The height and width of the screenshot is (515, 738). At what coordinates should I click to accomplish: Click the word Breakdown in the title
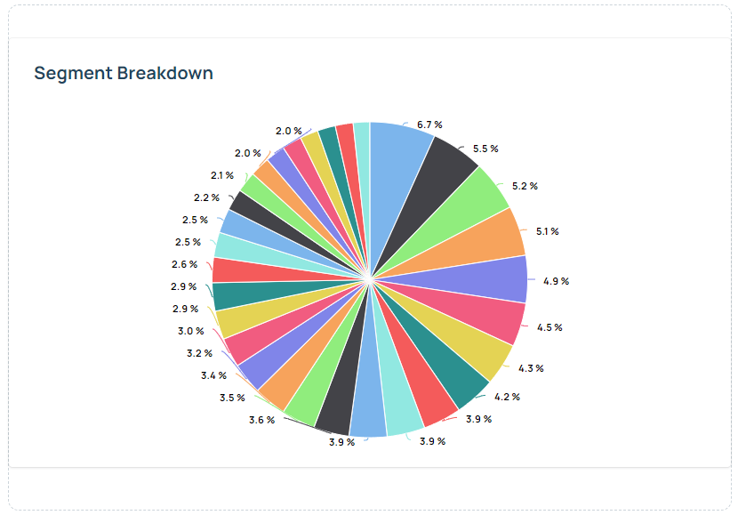pyautogui.click(x=164, y=73)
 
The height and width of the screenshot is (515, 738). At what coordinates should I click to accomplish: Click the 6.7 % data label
pyautogui.click(x=429, y=125)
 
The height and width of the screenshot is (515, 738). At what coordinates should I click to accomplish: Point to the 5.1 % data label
pyautogui.click(x=547, y=231)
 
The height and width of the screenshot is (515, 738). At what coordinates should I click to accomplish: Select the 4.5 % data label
pyautogui.click(x=550, y=327)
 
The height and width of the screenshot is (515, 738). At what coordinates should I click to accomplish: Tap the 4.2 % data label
pyautogui.click(x=507, y=397)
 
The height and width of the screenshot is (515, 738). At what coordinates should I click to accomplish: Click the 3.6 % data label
pyautogui.click(x=261, y=420)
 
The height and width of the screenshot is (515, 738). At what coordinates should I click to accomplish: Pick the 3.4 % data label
pyautogui.click(x=213, y=375)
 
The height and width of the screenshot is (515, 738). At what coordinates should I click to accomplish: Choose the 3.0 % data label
pyautogui.click(x=190, y=331)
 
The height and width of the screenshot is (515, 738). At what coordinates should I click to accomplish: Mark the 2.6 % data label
pyautogui.click(x=184, y=264)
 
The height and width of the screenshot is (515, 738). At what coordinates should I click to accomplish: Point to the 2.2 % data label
pyautogui.click(x=206, y=197)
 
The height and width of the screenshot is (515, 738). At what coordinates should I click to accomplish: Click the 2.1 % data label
pyautogui.click(x=222, y=175)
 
